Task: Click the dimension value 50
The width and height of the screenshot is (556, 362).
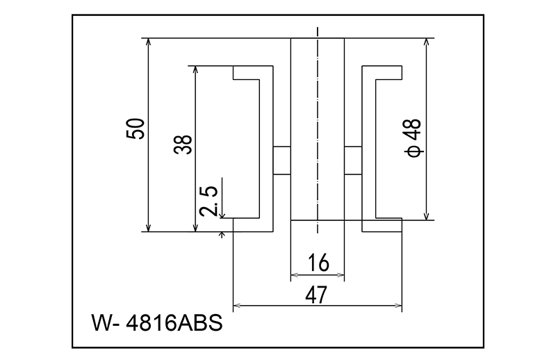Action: (x=136, y=129)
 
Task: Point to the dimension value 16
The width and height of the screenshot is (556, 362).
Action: (x=317, y=263)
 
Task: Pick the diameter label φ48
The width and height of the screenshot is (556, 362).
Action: (x=412, y=136)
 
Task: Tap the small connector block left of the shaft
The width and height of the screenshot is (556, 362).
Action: (x=281, y=159)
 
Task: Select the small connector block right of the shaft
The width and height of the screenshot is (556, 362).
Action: (x=353, y=159)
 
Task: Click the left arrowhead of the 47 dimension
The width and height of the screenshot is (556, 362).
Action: (x=236, y=305)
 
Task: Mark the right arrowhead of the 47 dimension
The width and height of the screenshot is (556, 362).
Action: (x=398, y=305)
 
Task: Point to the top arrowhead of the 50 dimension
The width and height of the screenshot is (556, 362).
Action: (x=149, y=42)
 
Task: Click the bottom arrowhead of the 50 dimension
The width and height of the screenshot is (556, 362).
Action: (x=149, y=227)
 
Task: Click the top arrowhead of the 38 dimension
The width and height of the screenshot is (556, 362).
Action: (x=196, y=70)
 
